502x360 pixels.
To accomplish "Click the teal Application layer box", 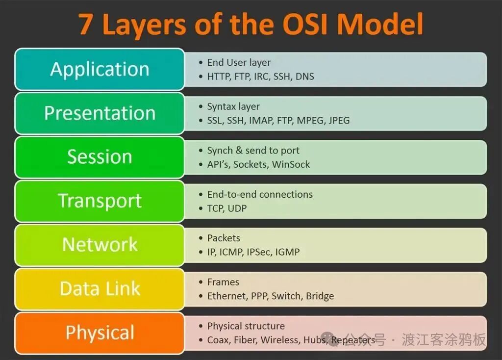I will click(x=100, y=69).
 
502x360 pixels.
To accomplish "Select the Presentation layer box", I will click(x=100, y=113).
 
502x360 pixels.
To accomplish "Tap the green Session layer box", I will click(x=100, y=157).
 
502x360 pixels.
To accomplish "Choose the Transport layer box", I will click(x=100, y=201).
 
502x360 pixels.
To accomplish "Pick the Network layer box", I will click(x=100, y=245).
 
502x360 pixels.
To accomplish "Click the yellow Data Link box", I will click(x=100, y=289).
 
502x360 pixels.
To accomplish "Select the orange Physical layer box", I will click(x=100, y=333).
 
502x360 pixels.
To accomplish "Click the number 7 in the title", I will click(x=86, y=25).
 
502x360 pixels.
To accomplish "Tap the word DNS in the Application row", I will click(x=304, y=77).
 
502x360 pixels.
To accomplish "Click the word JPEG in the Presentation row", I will click(x=339, y=120).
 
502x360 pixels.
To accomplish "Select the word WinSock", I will click(x=291, y=164).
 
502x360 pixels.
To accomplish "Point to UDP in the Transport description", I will click(x=237, y=208).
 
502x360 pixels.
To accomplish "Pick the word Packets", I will click(x=224, y=238).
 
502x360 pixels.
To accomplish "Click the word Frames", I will click(x=223, y=282).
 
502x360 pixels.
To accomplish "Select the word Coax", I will click(x=218, y=340).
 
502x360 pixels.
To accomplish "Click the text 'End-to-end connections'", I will click(x=260, y=195).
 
